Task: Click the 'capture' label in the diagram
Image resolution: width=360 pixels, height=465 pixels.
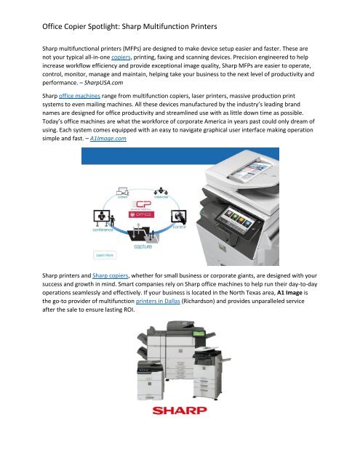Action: point(142,246)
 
